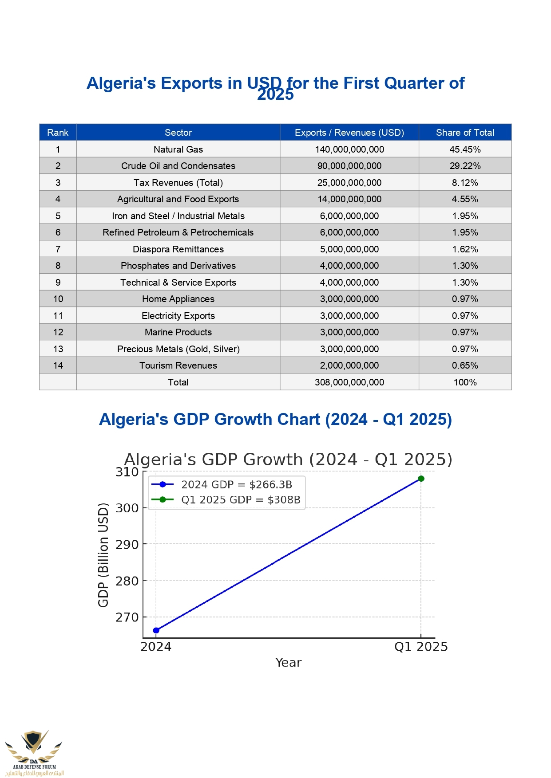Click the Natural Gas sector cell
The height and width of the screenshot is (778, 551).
tap(178, 149)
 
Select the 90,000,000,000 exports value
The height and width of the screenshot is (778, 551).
tap(349, 166)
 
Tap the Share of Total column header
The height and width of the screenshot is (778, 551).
tap(465, 133)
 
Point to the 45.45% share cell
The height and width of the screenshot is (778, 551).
tap(465, 149)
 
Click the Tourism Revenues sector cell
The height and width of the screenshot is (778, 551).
tap(178, 365)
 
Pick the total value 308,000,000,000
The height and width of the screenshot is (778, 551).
tap(349, 382)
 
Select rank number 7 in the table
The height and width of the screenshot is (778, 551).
tap(58, 249)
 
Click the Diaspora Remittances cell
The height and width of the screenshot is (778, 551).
tap(178, 249)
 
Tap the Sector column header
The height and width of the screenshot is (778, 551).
tap(178, 133)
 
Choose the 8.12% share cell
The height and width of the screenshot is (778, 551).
tap(465, 183)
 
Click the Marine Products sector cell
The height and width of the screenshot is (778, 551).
tap(178, 332)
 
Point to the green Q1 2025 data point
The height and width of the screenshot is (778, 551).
tap(421, 479)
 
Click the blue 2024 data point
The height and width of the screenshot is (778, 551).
tap(156, 630)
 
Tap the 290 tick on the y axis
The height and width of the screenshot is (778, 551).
tap(127, 544)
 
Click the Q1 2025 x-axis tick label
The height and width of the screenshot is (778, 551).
tap(421, 647)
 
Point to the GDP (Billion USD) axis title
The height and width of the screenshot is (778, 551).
tap(103, 555)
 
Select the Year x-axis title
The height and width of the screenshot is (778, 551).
tap(288, 663)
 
